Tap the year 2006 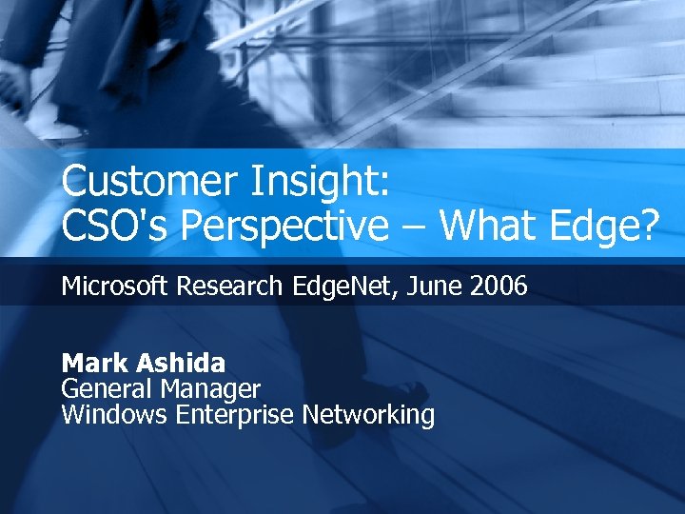tap(499, 286)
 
